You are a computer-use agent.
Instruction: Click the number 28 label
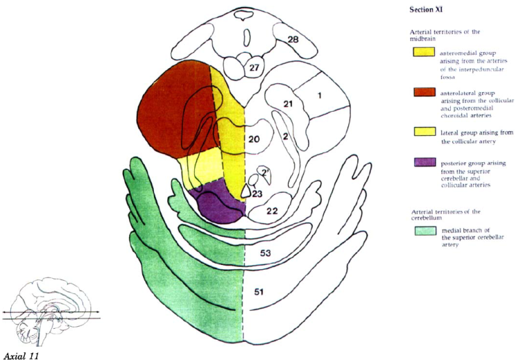[x=292, y=40]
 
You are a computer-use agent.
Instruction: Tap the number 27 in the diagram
[x=254, y=68]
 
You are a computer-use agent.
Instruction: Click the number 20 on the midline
[x=254, y=140]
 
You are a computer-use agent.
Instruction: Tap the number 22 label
[x=273, y=211]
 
